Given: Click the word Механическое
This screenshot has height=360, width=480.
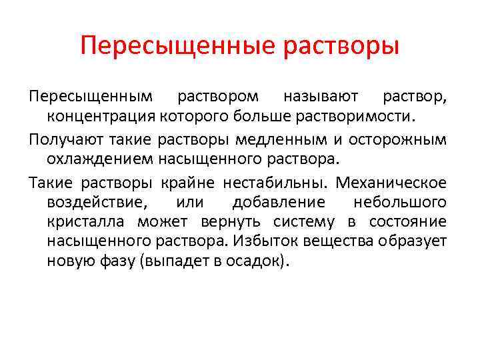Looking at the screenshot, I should click(392, 182).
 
